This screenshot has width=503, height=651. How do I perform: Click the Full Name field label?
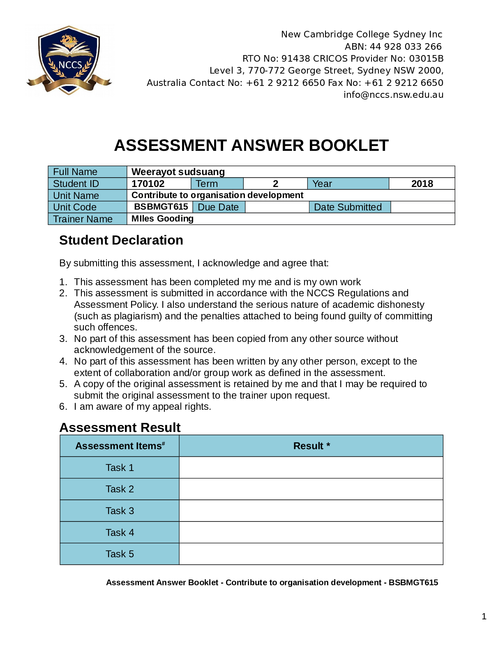click(x=75, y=172)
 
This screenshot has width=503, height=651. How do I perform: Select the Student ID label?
click(x=76, y=184)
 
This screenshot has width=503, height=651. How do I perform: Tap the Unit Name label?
click(x=76, y=196)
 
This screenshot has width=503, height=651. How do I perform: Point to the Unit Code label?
click(x=75, y=207)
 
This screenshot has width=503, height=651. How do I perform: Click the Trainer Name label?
click(x=83, y=219)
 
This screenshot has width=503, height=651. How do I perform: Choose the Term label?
click(x=207, y=184)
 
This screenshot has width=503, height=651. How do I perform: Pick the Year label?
click(x=322, y=184)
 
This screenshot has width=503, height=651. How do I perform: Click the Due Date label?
click(x=218, y=207)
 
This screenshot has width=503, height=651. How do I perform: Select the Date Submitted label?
click(x=348, y=207)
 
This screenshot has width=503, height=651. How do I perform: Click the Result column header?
click(x=308, y=446)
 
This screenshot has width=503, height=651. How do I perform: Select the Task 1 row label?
click(x=120, y=468)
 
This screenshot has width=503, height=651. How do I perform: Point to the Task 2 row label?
click(x=120, y=489)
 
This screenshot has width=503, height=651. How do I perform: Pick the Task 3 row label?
click(x=120, y=511)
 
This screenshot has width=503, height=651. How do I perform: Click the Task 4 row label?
click(x=120, y=533)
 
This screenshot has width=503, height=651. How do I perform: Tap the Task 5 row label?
click(x=120, y=554)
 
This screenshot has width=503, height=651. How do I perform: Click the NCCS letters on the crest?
click(x=70, y=65)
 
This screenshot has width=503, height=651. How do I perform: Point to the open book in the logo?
click(x=69, y=50)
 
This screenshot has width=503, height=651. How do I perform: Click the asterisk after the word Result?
click(x=328, y=445)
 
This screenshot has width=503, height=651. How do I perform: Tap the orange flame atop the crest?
click(x=69, y=40)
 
